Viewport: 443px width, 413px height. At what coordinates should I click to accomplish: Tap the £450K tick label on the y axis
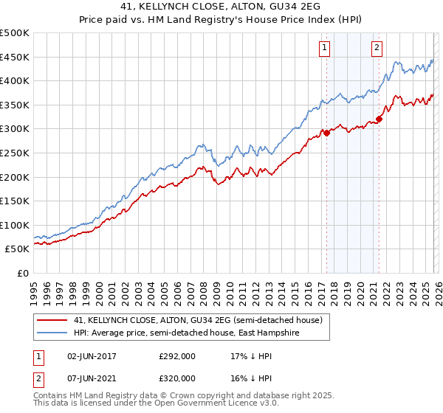point(14,58)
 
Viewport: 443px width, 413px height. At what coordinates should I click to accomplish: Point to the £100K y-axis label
point(14,225)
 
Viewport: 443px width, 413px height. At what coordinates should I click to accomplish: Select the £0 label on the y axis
point(23,273)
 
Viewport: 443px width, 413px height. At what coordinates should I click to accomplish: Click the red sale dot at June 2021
point(379,119)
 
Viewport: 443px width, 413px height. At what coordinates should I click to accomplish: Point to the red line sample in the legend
point(52,321)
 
